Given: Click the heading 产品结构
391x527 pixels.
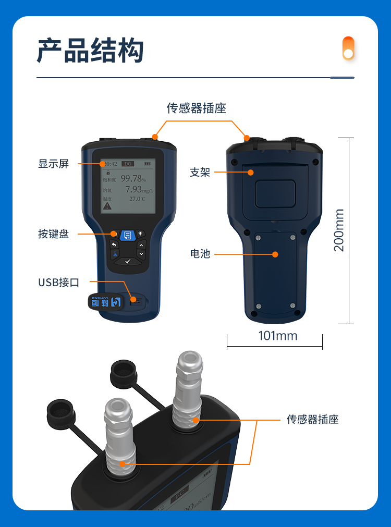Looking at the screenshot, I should point(90,51).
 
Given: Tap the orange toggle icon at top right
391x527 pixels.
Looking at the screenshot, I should point(348,48).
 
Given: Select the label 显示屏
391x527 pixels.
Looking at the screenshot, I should point(53,164).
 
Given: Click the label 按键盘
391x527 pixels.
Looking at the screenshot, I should point(53,234).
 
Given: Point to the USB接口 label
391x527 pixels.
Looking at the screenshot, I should point(58,283).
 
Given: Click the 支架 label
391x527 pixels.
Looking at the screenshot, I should point(200,172).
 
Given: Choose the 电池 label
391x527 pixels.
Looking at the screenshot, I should point(200,254).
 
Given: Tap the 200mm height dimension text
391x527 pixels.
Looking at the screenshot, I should point(339,230).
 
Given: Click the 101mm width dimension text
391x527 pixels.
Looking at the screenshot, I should point(278,336).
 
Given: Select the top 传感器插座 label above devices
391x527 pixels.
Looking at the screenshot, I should point(196,108).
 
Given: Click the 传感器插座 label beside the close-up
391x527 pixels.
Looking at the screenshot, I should point(313,419).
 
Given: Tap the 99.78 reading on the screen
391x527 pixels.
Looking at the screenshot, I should point(131,178).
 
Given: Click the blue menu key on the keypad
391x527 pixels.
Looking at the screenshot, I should point(127,235).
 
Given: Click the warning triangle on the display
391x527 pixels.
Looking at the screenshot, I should point(107,206).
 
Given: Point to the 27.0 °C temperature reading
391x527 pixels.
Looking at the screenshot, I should point(137,199).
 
